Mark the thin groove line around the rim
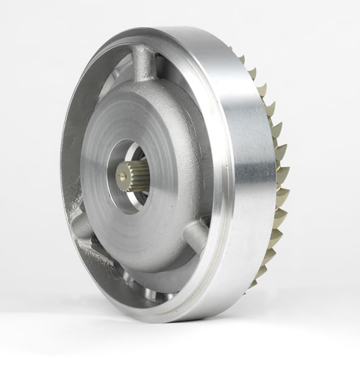(x=226, y=186)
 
